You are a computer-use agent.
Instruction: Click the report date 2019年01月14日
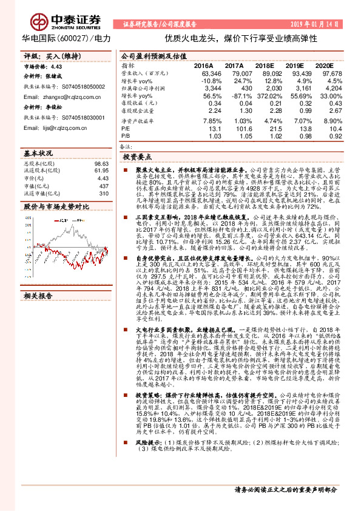coord(321,24)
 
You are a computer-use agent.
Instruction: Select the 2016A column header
coord(204,64)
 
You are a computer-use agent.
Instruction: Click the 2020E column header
coord(325,64)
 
